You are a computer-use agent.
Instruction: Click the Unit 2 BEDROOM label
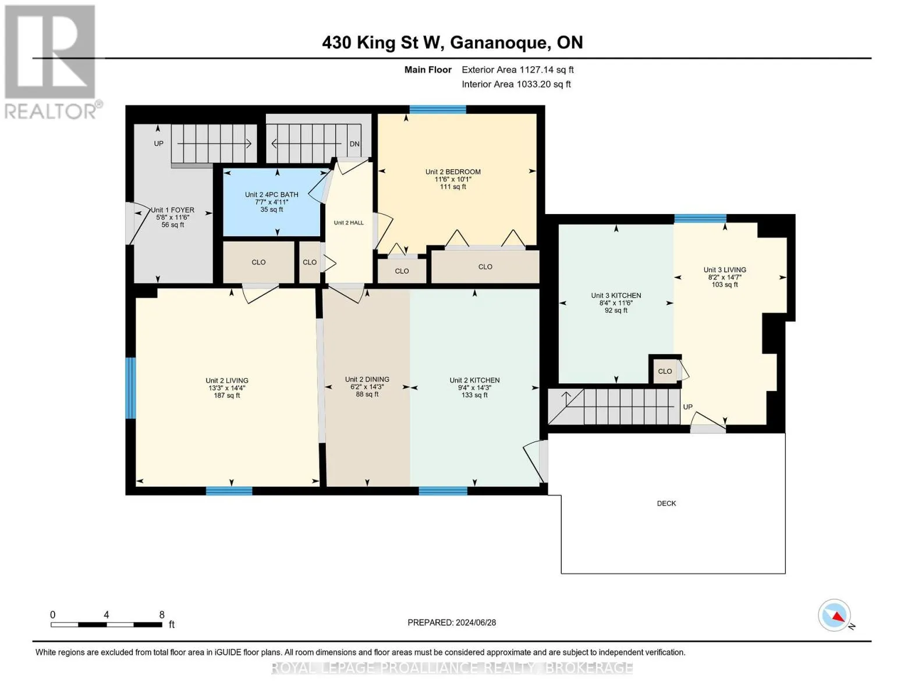click(453, 172)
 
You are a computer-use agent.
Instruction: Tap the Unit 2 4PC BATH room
click(271, 202)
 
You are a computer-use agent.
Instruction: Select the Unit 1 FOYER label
click(172, 210)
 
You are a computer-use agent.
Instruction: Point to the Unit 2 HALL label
click(349, 223)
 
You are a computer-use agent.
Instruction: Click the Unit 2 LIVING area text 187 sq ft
click(226, 396)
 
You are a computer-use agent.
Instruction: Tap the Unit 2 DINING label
click(367, 379)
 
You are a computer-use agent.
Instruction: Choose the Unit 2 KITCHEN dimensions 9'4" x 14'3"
click(474, 388)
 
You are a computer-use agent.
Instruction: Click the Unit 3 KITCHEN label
click(616, 295)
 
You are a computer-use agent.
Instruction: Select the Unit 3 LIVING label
click(725, 270)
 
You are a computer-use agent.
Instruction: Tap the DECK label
click(667, 503)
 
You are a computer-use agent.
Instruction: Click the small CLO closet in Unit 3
click(665, 371)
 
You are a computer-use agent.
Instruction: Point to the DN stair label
click(354, 144)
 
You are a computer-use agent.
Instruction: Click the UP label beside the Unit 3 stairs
click(687, 407)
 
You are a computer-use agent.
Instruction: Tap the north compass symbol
click(835, 615)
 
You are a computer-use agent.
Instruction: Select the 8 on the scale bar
click(162, 615)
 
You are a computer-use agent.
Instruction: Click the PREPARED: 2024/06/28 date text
click(452, 622)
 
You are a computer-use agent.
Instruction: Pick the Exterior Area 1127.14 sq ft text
click(517, 70)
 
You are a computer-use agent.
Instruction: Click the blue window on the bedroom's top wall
click(438, 109)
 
